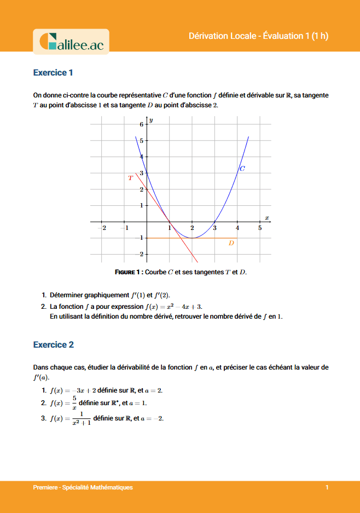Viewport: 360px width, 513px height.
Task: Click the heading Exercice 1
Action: [x=53, y=73]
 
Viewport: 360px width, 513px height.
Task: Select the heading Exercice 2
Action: [x=53, y=345]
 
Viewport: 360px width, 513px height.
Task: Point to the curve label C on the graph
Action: [x=242, y=169]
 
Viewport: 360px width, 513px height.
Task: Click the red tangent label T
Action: [x=130, y=178]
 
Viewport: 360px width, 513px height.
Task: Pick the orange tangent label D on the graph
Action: [x=231, y=243]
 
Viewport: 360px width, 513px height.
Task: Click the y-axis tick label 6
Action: [x=141, y=125]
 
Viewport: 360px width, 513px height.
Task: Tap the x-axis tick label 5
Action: [x=260, y=228]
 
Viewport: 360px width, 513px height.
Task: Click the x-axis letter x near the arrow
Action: [x=267, y=218]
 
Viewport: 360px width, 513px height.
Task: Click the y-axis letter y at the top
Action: [x=151, y=120]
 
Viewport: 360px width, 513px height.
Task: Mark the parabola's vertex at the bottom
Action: [x=192, y=238]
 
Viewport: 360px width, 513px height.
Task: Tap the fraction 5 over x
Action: [x=72, y=403]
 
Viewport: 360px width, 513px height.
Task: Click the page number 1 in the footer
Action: [x=327, y=487]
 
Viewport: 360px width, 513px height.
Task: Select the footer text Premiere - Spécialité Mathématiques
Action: [x=83, y=487]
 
